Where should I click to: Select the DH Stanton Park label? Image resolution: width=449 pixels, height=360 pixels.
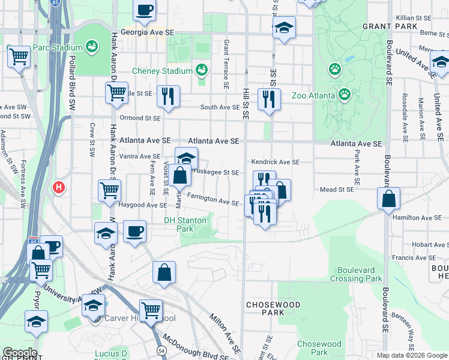pyautogui.click(x=185, y=224)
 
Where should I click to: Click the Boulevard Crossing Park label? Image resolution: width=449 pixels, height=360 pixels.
pyautogui.click(x=360, y=274)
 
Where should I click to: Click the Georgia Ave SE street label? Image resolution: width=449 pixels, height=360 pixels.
pyautogui.click(x=148, y=33)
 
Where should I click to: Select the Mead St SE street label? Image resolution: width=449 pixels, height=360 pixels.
pyautogui.click(x=336, y=190)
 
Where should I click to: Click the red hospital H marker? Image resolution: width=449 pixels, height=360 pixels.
pyautogui.click(x=59, y=187)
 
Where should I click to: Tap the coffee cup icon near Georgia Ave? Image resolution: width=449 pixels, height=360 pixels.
pyautogui.click(x=144, y=11)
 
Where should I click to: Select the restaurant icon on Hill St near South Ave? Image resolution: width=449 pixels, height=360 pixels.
pyautogui.click(x=269, y=98)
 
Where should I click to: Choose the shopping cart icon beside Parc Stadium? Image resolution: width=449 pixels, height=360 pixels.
pyautogui.click(x=19, y=57)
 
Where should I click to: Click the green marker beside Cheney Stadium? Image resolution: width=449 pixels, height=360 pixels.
pyautogui.click(x=202, y=70)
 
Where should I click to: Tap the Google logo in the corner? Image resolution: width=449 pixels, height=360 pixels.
pyautogui.click(x=19, y=353)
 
